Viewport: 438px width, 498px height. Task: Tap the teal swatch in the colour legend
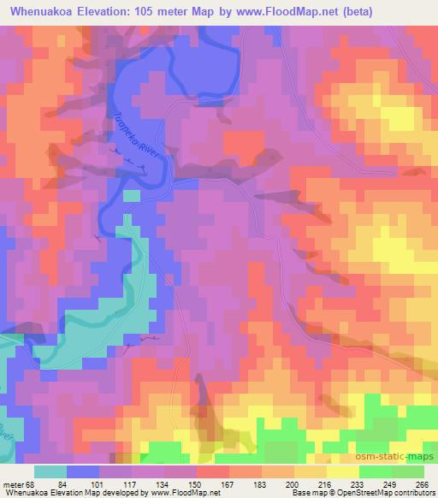tap(50, 471)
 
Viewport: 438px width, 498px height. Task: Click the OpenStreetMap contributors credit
tap(391, 493)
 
